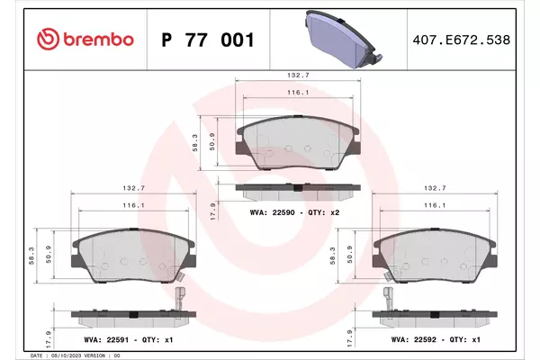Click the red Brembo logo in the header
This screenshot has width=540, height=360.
[x=85, y=40]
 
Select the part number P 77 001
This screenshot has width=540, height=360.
[x=208, y=40]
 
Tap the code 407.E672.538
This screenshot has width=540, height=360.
[x=461, y=40]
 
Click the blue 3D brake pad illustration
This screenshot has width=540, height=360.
[x=343, y=39]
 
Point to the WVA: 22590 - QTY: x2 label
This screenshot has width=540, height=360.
[x=294, y=212]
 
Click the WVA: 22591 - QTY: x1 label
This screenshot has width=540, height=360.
[x=129, y=339]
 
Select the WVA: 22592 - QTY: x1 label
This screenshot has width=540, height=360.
[x=436, y=339]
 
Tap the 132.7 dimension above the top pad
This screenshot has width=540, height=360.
[x=298, y=75]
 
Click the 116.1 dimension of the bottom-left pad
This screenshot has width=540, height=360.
[x=133, y=205]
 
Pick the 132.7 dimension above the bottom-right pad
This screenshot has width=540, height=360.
[x=435, y=188]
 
